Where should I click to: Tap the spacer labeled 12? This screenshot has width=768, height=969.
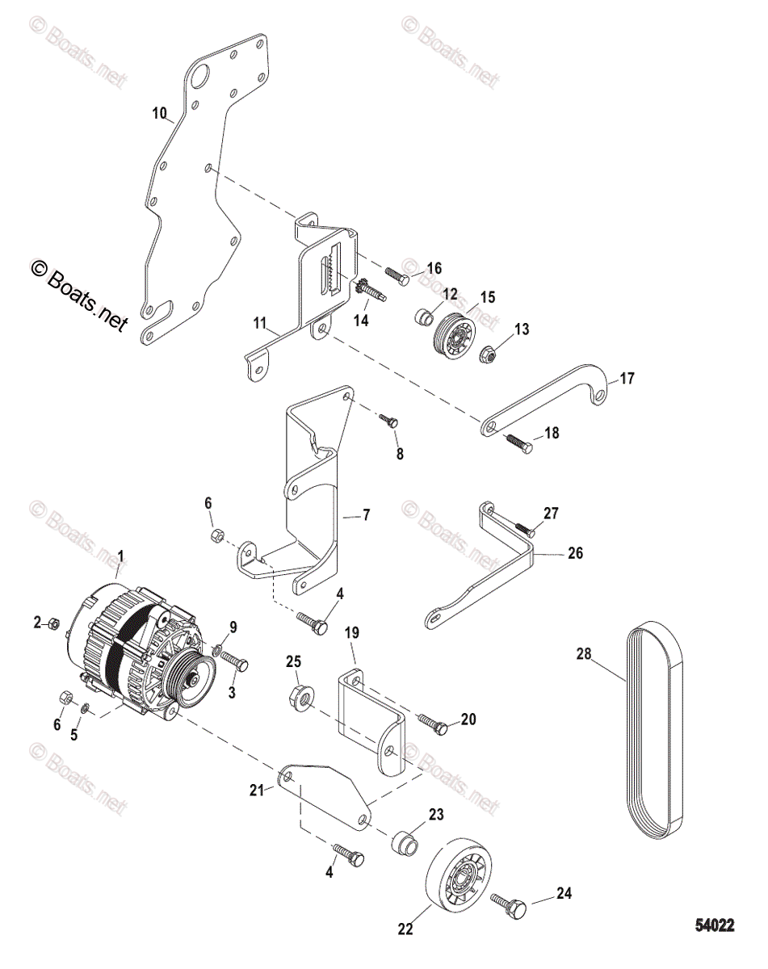coord(425,317)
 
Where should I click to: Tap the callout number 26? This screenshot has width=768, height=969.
coord(574,554)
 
